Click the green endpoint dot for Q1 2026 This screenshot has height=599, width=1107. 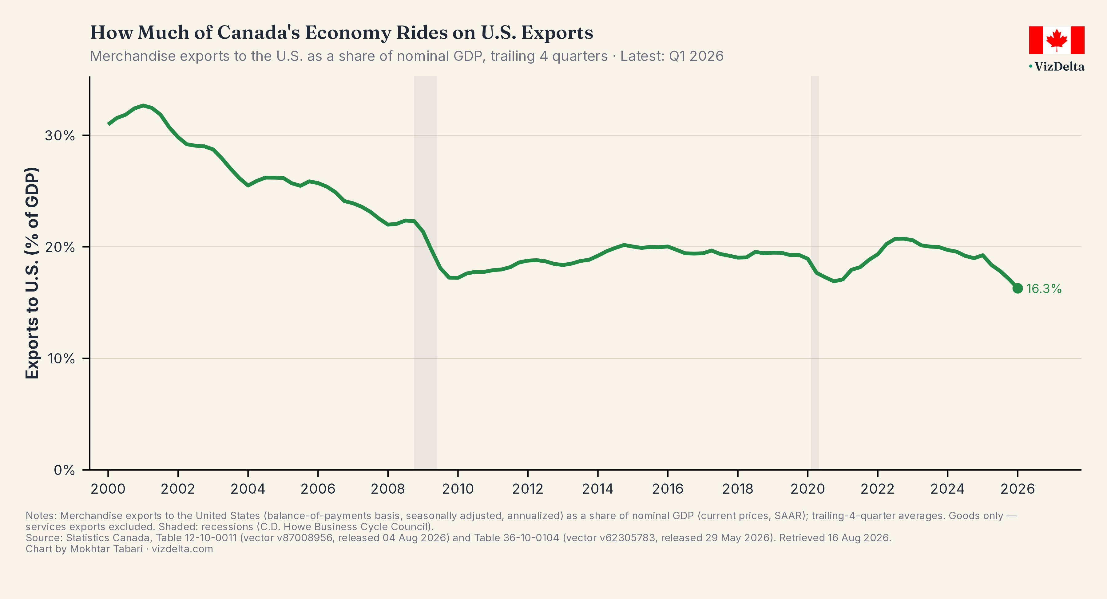click(x=1017, y=288)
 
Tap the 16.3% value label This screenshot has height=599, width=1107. click(x=1044, y=288)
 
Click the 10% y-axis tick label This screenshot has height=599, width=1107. click(x=61, y=358)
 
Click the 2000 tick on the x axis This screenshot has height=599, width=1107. click(x=108, y=489)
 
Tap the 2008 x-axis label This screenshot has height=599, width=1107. click(x=388, y=489)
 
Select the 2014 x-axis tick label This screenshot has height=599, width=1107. click(x=598, y=489)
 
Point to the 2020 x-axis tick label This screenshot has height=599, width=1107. click(x=807, y=489)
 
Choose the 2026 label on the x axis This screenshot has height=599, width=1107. click(x=1018, y=489)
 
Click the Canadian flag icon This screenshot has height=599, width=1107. click(x=1057, y=40)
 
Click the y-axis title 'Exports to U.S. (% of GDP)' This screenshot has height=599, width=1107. click(x=32, y=273)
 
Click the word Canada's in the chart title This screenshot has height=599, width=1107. click(x=259, y=33)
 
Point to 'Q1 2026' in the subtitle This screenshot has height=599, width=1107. click(x=696, y=56)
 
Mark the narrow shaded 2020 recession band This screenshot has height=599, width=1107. click(x=815, y=273)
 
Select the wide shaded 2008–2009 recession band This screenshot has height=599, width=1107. click(x=426, y=273)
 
